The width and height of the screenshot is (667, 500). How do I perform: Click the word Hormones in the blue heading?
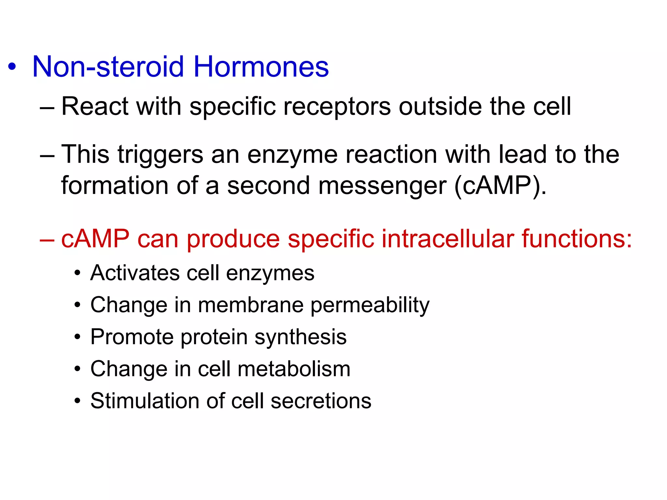coord(261,67)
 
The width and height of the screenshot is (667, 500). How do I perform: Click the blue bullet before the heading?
coord(12,67)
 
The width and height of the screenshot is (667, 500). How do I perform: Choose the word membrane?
coord(250,305)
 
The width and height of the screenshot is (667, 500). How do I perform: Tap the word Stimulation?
coord(145,401)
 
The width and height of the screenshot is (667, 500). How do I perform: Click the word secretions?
coord(321,401)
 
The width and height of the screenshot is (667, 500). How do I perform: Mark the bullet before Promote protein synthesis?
coord(77,337)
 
